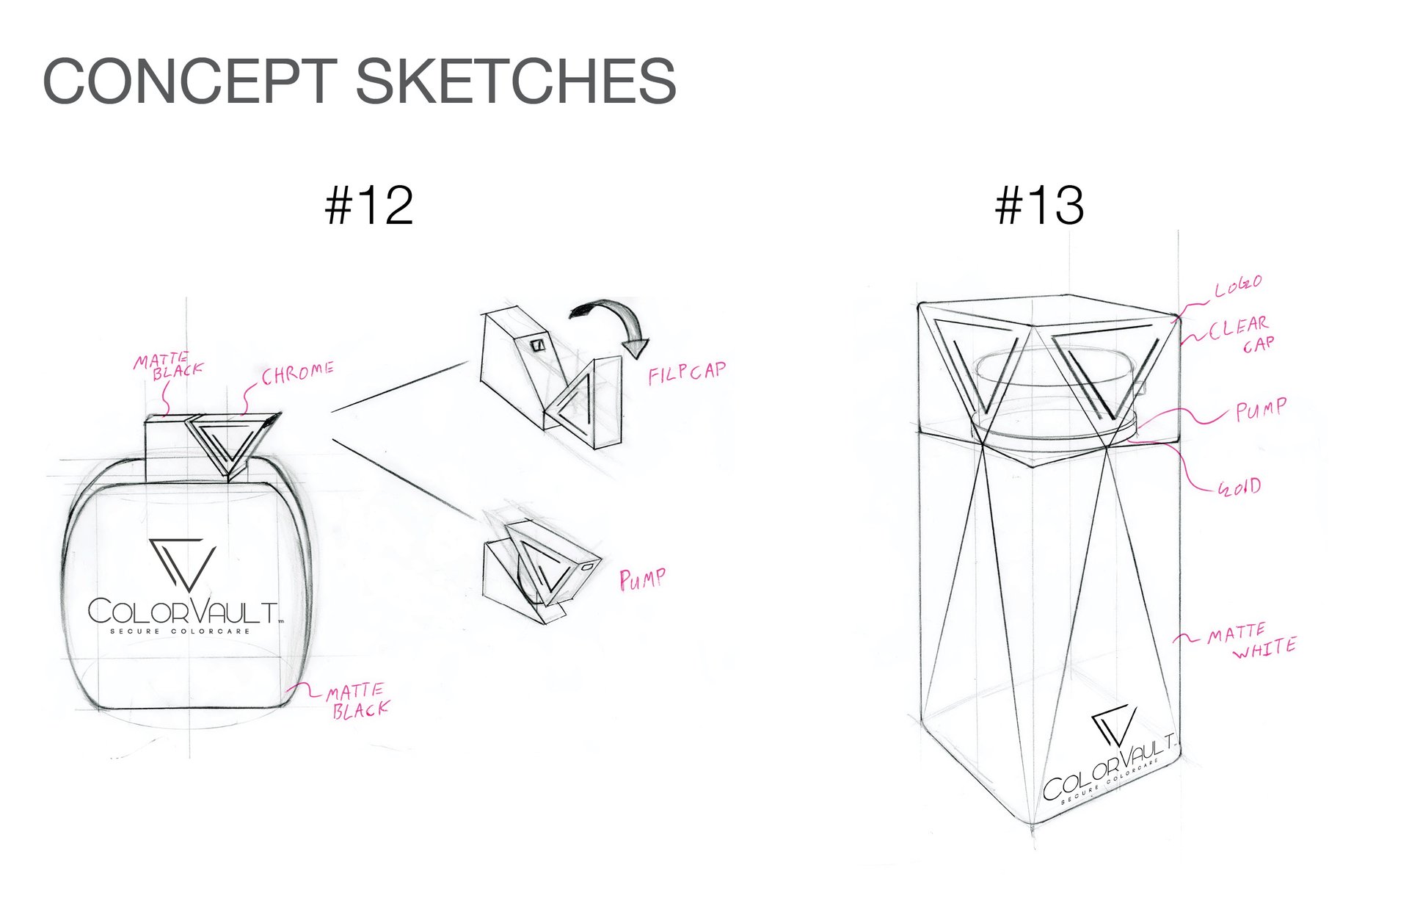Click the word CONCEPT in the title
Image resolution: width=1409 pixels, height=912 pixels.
(x=189, y=81)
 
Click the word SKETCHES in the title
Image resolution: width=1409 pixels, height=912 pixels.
(x=516, y=81)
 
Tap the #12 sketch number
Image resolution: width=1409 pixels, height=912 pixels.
(x=369, y=206)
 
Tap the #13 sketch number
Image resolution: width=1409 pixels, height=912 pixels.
(x=1039, y=206)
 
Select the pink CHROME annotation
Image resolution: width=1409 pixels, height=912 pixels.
(x=298, y=373)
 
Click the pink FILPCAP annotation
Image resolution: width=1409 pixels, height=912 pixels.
(x=687, y=372)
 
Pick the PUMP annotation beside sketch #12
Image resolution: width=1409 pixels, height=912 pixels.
(x=643, y=579)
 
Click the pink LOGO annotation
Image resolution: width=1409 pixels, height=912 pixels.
(x=1238, y=286)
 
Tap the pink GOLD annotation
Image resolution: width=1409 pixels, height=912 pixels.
(x=1239, y=487)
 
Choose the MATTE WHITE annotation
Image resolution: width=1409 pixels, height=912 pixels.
(x=1252, y=641)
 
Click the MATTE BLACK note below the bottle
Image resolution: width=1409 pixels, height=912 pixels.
(x=358, y=701)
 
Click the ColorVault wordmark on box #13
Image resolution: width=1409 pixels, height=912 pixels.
(x=1109, y=766)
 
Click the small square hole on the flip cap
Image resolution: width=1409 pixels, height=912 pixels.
(x=538, y=344)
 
